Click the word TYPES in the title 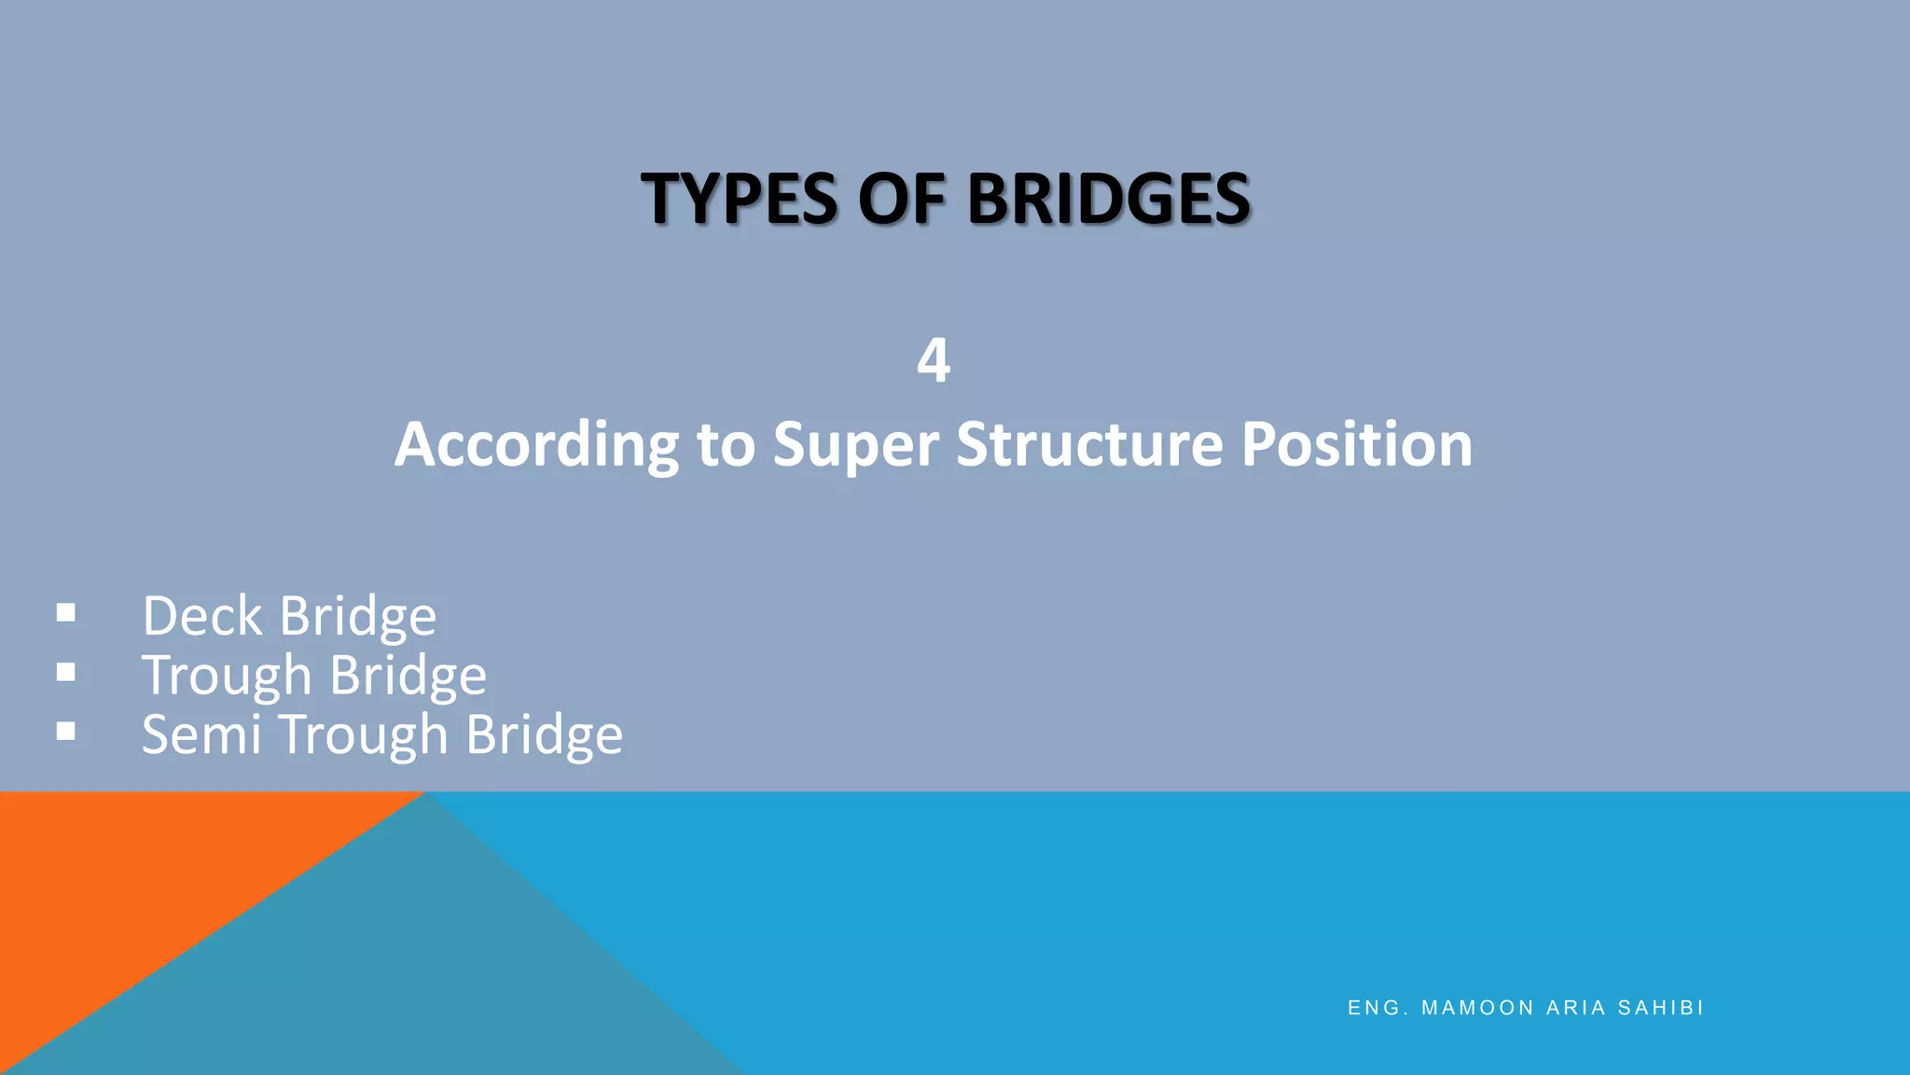(x=739, y=199)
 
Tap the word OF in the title (x=901, y=199)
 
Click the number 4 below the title (x=934, y=360)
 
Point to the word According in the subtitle (x=536, y=444)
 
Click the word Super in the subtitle (x=855, y=444)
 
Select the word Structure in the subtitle (x=1089, y=444)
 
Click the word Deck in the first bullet (x=202, y=616)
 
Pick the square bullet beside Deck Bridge (x=66, y=613)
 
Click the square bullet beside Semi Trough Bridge (x=66, y=732)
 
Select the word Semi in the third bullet (x=201, y=734)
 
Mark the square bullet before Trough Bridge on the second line (x=66, y=672)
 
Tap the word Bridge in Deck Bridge (x=358, y=616)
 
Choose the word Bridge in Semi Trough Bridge (x=544, y=734)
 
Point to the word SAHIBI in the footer (x=1661, y=1008)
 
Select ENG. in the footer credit (x=1377, y=1008)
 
